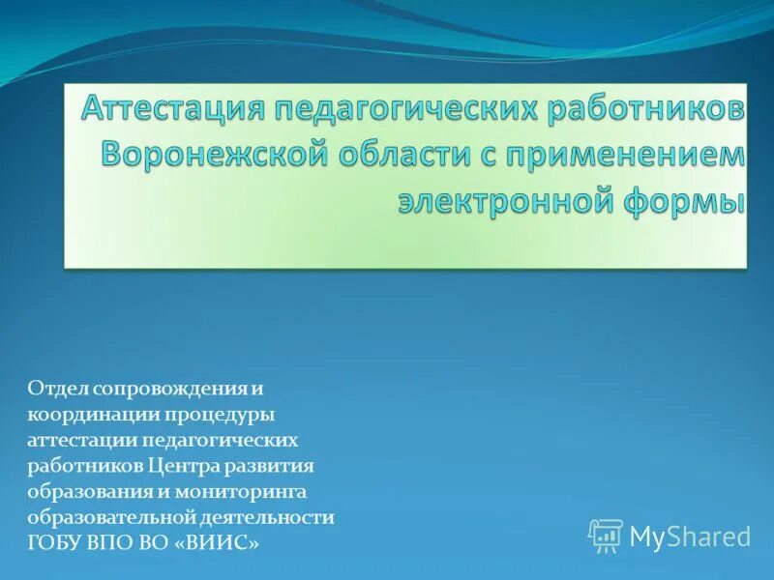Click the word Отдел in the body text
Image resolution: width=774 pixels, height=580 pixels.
(x=57, y=388)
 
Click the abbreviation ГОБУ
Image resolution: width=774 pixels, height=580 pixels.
(x=54, y=544)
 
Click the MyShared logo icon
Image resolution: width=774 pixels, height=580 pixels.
(x=606, y=536)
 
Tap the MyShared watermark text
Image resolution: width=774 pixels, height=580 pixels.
(x=690, y=536)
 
